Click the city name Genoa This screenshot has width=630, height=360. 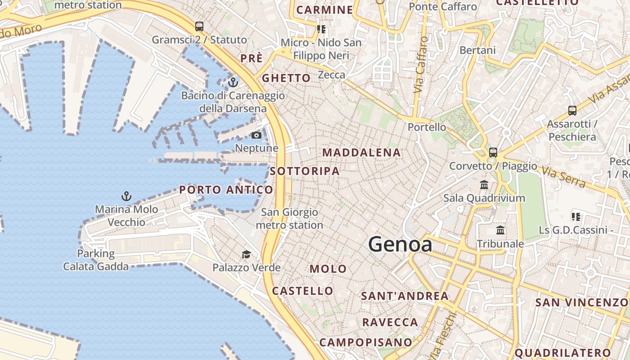point(400,244)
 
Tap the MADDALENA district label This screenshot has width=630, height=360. point(361,153)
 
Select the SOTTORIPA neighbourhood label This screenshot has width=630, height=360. point(305,171)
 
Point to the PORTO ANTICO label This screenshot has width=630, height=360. point(226,190)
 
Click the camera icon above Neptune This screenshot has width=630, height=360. point(256,135)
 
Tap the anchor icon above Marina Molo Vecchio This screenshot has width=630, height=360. point(126,196)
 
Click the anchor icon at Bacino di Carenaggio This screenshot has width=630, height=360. point(233,82)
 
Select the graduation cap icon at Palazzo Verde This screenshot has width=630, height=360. point(246,255)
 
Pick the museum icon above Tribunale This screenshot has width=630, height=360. point(500,230)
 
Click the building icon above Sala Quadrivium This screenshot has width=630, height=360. point(484,184)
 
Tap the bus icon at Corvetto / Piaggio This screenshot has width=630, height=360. point(493,152)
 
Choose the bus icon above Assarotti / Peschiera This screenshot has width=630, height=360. point(572,110)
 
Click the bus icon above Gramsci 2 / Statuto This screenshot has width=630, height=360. point(199,27)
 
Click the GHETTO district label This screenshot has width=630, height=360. point(286,78)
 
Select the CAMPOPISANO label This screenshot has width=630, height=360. point(365,342)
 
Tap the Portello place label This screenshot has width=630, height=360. point(427,127)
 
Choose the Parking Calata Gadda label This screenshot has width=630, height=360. point(95,260)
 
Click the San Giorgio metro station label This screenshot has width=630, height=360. point(289,218)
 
